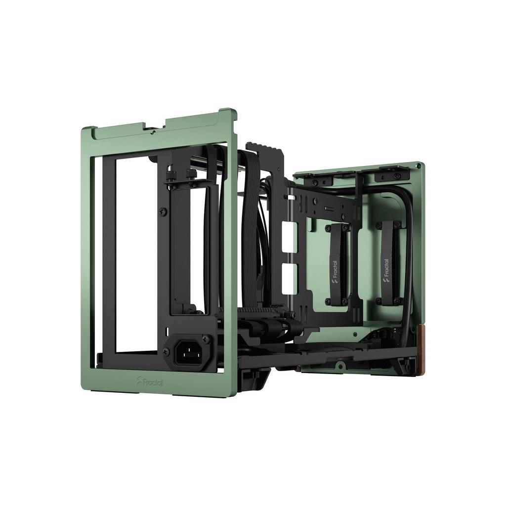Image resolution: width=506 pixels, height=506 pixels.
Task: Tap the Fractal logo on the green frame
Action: click(x=149, y=381)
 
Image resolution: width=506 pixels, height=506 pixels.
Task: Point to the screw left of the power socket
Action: click(x=167, y=352)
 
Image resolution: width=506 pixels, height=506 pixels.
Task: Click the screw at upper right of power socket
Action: click(x=206, y=339)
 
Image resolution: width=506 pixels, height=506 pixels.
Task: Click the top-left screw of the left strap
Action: click(x=327, y=228)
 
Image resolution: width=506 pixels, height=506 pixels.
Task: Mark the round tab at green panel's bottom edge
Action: click(x=340, y=366)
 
